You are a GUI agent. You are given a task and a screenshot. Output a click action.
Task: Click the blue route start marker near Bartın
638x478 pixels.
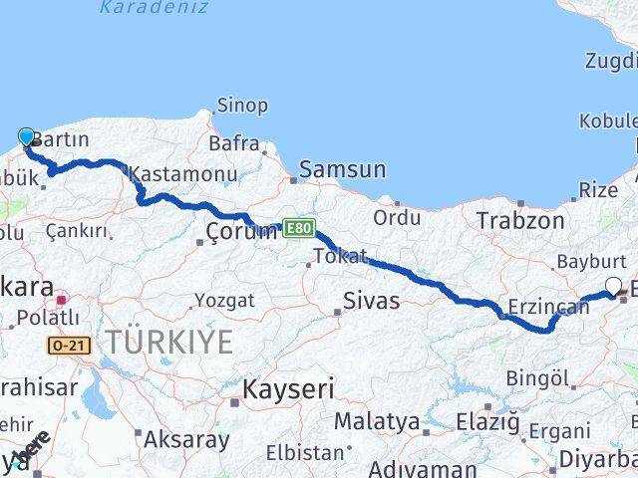pyautogui.click(x=26, y=136)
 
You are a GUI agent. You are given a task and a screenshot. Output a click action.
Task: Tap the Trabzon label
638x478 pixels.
pyautogui.click(x=519, y=220)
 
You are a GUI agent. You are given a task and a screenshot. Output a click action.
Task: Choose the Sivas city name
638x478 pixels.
pyautogui.click(x=371, y=301)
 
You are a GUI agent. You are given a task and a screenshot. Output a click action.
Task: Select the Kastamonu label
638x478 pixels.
pyautogui.click(x=183, y=174)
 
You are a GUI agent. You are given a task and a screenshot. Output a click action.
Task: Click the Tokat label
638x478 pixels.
pyautogui.click(x=340, y=256)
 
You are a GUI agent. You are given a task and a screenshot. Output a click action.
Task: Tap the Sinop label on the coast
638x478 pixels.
pyautogui.click(x=243, y=106)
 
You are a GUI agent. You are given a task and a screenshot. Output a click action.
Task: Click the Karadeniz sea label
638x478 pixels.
pyautogui.click(x=154, y=7)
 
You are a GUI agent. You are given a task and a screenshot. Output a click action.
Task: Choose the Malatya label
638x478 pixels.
pyautogui.click(x=377, y=421)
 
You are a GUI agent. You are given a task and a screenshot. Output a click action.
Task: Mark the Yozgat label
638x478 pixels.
pyautogui.click(x=225, y=299)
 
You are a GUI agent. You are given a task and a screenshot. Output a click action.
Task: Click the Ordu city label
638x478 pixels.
pyautogui.click(x=397, y=216)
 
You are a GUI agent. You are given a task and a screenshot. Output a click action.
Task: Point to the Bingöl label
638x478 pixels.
pyautogui.click(x=537, y=378)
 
